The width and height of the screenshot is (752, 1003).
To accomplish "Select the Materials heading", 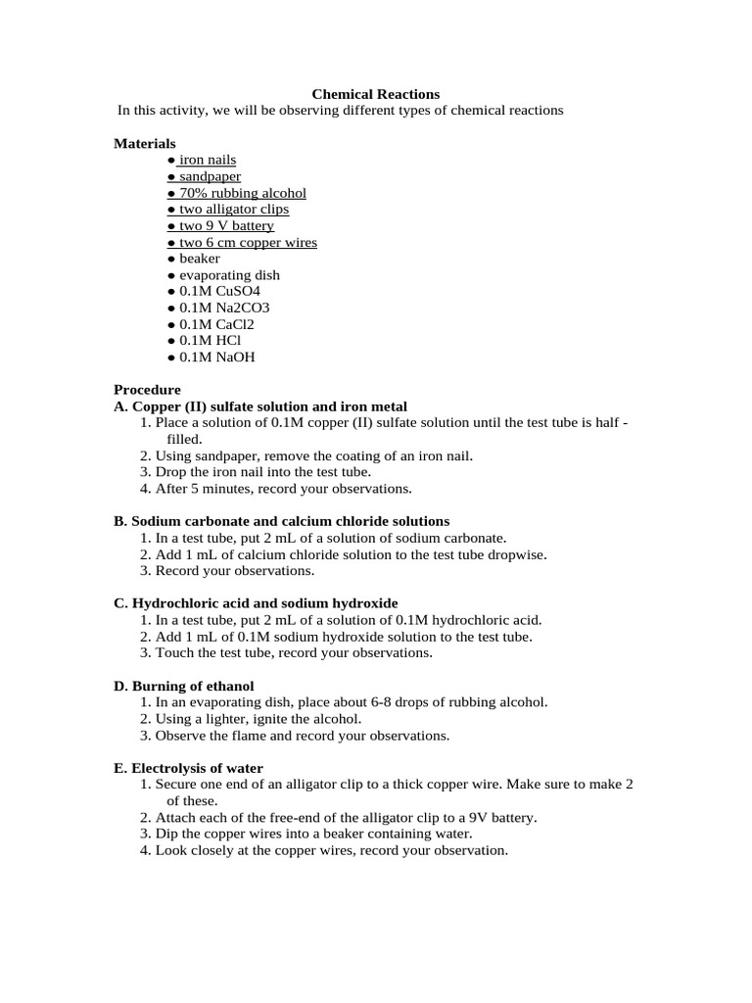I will [145, 143].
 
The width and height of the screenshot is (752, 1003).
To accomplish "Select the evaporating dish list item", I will [216, 275].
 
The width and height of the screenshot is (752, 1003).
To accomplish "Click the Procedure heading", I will [147, 390].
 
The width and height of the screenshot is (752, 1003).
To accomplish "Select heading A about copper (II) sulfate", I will [260, 406].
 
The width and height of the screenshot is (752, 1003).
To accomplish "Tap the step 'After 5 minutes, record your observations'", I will [284, 489].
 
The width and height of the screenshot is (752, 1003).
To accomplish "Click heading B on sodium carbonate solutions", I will [282, 521].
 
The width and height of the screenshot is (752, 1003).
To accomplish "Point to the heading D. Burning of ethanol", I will [184, 686].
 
